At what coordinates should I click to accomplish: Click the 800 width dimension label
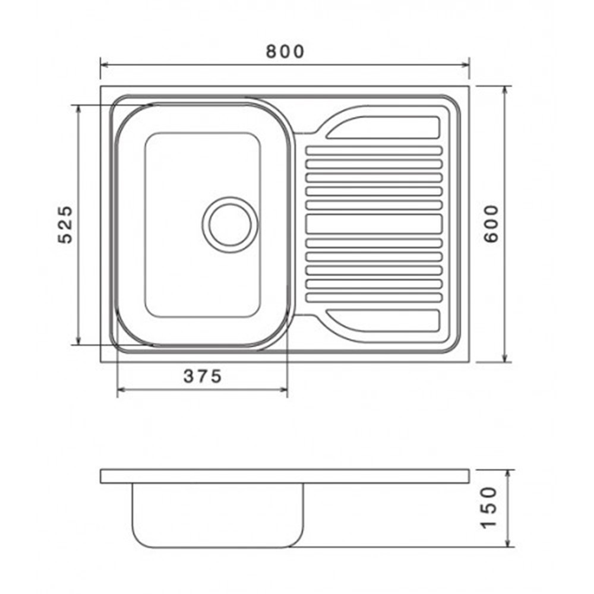(285, 52)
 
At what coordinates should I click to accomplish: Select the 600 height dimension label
(491, 223)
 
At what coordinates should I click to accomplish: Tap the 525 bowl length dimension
(65, 225)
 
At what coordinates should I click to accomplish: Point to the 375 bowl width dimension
(203, 376)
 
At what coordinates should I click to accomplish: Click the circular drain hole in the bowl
(230, 225)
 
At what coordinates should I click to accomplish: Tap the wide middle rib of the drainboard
(374, 224)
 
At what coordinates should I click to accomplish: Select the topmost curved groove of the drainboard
(383, 127)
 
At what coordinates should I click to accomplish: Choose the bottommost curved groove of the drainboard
(383, 321)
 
